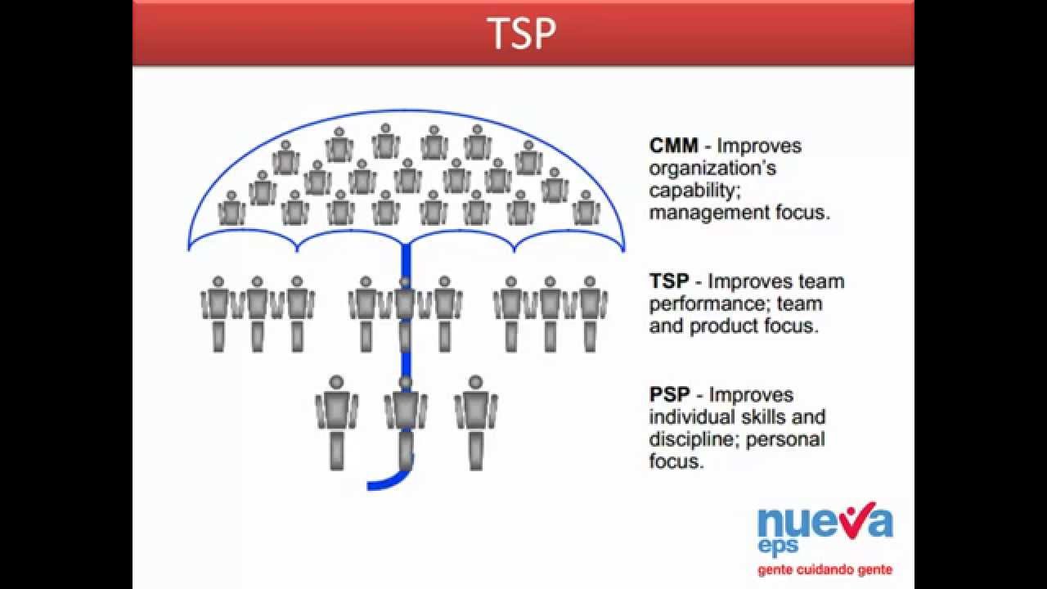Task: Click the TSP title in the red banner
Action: coord(521,34)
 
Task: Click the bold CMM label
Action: coord(674,146)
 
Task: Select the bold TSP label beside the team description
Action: coord(669,281)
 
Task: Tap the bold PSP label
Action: coord(670,395)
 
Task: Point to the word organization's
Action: coord(712,169)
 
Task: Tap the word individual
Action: coord(689,417)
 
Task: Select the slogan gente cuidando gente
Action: coord(825,569)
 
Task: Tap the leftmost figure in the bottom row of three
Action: coord(336,421)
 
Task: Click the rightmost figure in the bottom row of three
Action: coord(476,421)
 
